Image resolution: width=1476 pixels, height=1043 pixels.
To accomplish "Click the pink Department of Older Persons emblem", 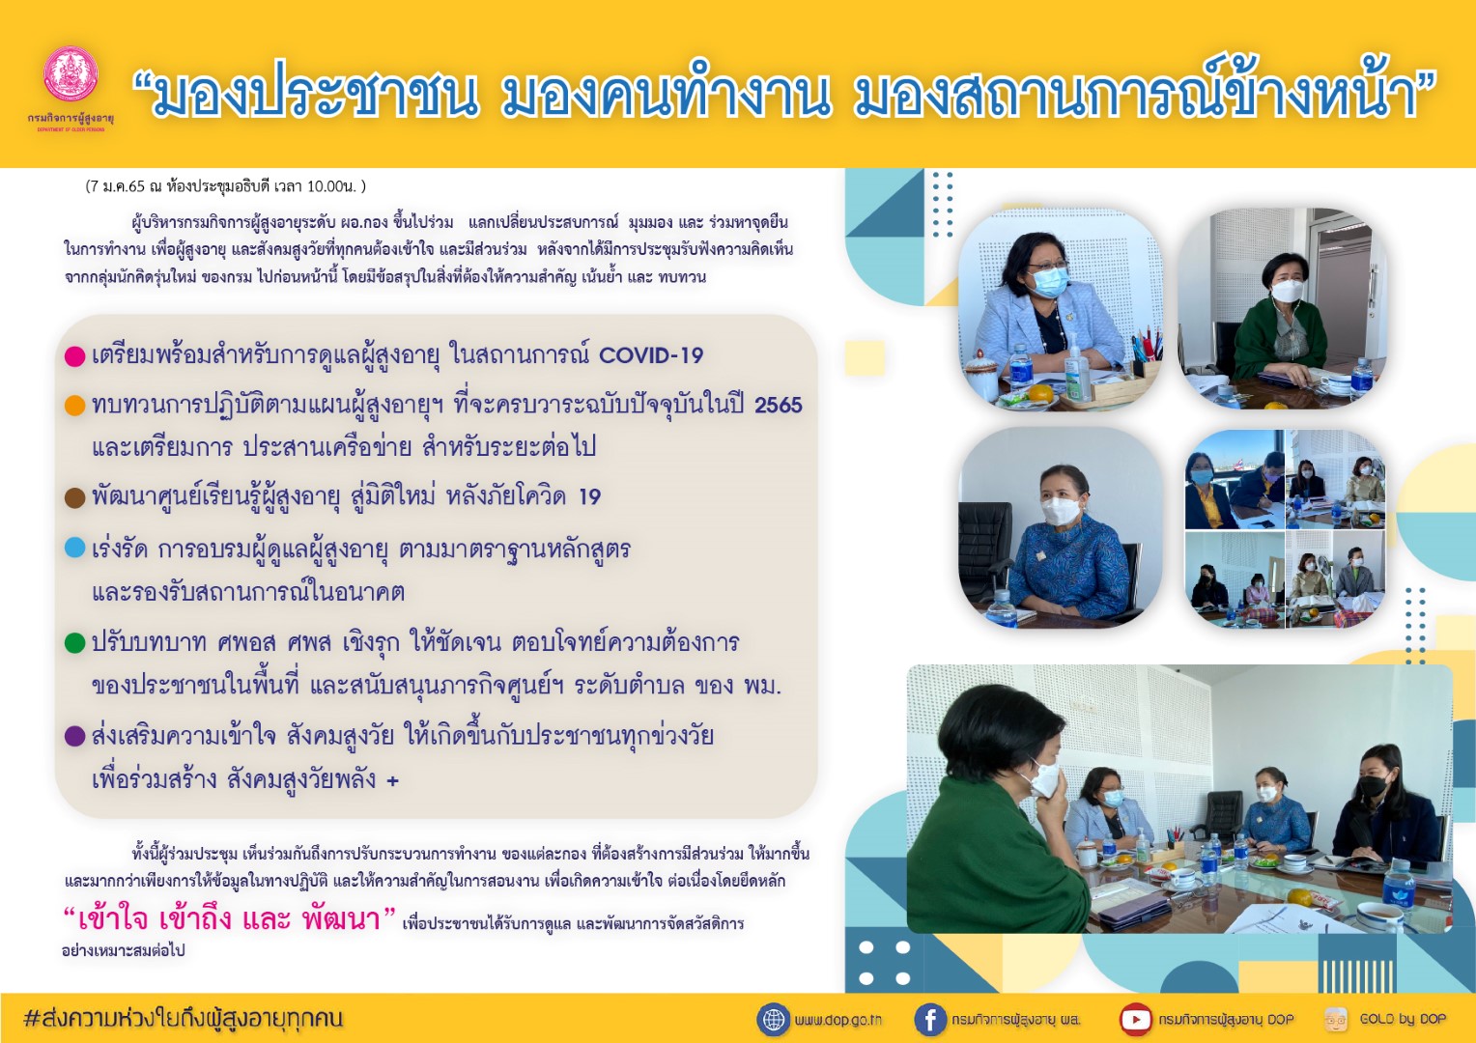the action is tap(71, 73).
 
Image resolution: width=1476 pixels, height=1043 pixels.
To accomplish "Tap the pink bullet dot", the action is tap(75, 356).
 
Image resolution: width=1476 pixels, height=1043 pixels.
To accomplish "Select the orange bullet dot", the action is tap(75, 406).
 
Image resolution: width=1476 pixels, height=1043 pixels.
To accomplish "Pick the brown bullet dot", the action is tap(75, 497).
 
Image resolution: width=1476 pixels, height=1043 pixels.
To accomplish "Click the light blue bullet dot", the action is tap(75, 548).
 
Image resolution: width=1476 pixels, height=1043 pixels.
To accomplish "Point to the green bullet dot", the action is tap(75, 642).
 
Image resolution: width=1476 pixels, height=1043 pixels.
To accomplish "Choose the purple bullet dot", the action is tap(75, 736).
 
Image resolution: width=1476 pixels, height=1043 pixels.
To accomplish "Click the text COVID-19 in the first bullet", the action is tap(650, 355).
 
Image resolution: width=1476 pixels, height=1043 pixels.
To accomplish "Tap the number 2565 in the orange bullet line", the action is tap(779, 405).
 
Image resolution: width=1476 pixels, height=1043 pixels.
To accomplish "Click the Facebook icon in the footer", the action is tap(930, 1020).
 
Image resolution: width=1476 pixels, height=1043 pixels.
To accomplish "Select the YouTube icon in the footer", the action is tap(1135, 1020).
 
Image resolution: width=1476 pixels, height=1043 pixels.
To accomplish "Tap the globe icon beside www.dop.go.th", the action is tap(773, 1020).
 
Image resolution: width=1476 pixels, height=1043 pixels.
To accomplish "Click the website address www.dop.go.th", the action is tap(837, 1020).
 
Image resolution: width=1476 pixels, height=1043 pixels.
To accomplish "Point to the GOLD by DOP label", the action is tap(1403, 1019).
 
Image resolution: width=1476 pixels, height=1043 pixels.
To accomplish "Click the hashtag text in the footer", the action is tap(184, 1019).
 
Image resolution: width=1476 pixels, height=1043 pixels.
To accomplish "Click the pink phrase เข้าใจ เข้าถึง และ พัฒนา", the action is tap(229, 917).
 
